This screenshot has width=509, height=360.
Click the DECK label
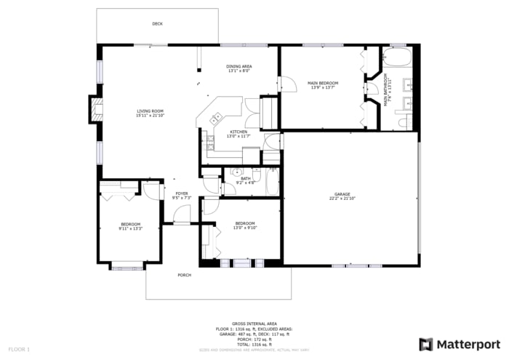click(x=157, y=24)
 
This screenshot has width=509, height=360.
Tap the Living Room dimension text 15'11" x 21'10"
click(x=150, y=116)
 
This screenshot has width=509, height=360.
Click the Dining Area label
click(x=239, y=66)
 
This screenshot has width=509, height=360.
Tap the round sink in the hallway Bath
click(x=236, y=172)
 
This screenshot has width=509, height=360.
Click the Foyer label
click(x=181, y=193)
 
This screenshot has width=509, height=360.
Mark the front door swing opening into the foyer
click(x=182, y=214)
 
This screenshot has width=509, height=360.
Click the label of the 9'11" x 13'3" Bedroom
click(x=131, y=224)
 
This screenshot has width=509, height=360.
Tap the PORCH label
click(x=185, y=276)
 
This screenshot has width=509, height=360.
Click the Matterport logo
click(x=459, y=343)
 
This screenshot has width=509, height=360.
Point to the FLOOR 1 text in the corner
click(x=19, y=349)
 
